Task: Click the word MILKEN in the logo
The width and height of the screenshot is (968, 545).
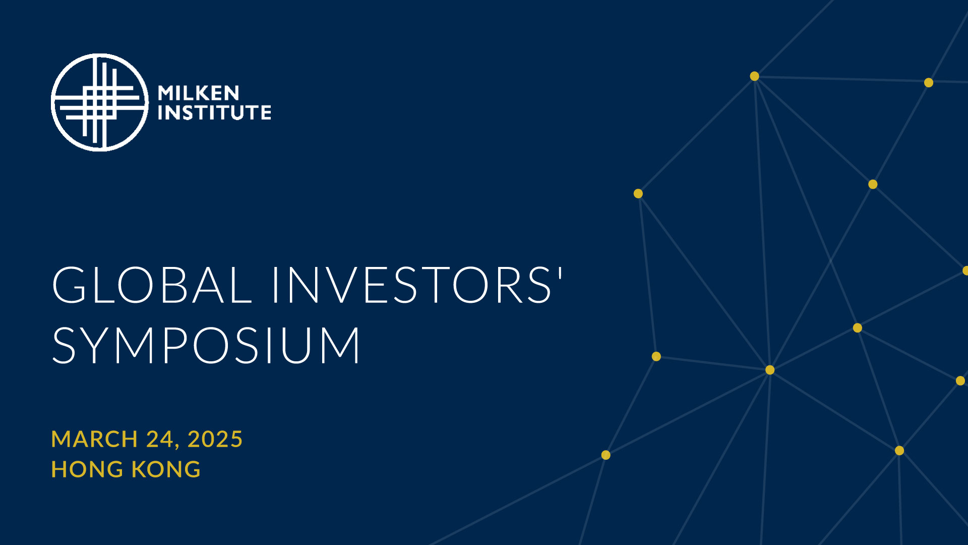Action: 199,93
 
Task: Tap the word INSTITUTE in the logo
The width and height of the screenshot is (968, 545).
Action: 214,112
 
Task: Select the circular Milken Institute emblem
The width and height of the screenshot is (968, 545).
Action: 100,102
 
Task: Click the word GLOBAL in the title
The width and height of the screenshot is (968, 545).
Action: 152,285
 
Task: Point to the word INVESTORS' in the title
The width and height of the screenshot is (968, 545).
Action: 417,285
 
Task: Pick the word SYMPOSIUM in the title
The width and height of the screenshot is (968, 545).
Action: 206,345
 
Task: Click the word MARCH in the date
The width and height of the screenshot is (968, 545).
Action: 94,439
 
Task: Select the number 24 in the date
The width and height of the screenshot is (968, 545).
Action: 160,439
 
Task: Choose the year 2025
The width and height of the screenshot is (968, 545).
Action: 215,439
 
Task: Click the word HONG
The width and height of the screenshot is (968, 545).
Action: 87,469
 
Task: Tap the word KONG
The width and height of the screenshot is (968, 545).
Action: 166,469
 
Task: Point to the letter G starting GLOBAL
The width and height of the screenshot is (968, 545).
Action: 70,285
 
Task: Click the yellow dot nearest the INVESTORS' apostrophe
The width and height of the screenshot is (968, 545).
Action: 638,194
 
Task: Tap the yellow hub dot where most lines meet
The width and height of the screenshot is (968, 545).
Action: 770,370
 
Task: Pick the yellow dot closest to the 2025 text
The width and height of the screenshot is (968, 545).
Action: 606,455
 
